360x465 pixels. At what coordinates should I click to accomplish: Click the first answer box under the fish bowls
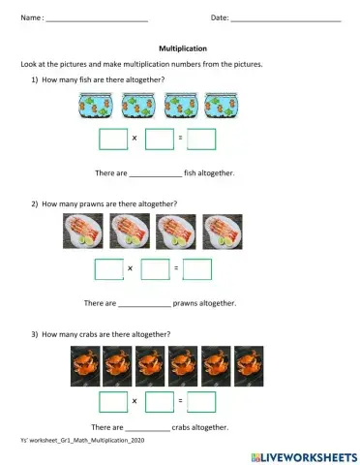pyautogui.click(x=113, y=139)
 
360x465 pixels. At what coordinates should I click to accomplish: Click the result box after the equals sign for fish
pyautogui.click(x=201, y=139)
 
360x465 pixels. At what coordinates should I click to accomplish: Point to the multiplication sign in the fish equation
pyautogui.click(x=135, y=139)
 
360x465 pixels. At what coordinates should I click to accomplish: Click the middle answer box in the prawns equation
pyautogui.click(x=155, y=268)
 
